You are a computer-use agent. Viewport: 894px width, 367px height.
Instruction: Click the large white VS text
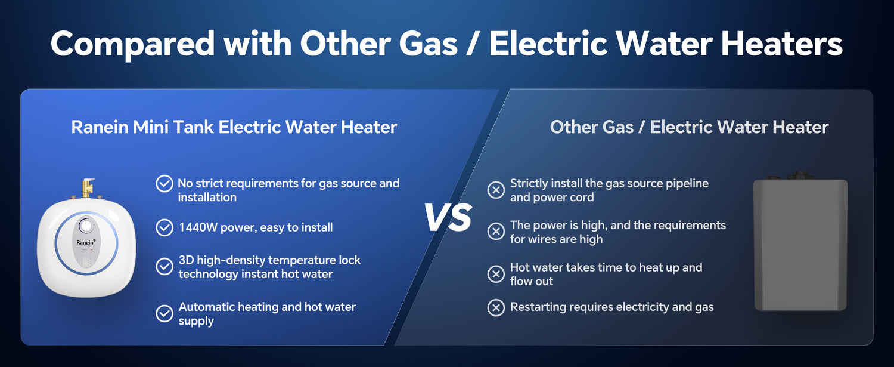(448, 217)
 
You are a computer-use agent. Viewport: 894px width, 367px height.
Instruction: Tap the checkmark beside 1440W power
(164, 227)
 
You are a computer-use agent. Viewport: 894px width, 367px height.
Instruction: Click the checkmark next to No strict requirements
(164, 184)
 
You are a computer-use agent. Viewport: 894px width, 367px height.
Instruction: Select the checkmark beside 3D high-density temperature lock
(164, 267)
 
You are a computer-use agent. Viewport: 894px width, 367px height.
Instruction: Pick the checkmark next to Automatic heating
(164, 313)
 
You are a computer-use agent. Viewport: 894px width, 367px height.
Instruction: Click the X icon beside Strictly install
(496, 190)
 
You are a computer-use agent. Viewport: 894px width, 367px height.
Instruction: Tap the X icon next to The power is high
(496, 232)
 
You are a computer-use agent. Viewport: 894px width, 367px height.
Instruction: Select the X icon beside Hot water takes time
(496, 274)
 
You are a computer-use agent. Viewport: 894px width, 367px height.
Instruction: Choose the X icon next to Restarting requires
(496, 307)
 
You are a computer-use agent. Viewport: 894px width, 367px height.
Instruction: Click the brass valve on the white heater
(87, 188)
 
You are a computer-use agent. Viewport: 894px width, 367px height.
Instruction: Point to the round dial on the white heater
(85, 226)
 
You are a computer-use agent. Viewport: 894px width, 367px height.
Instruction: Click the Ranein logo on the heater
(86, 242)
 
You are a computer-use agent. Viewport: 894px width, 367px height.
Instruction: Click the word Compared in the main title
(132, 44)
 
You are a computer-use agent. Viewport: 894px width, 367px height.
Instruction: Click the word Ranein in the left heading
(100, 127)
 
